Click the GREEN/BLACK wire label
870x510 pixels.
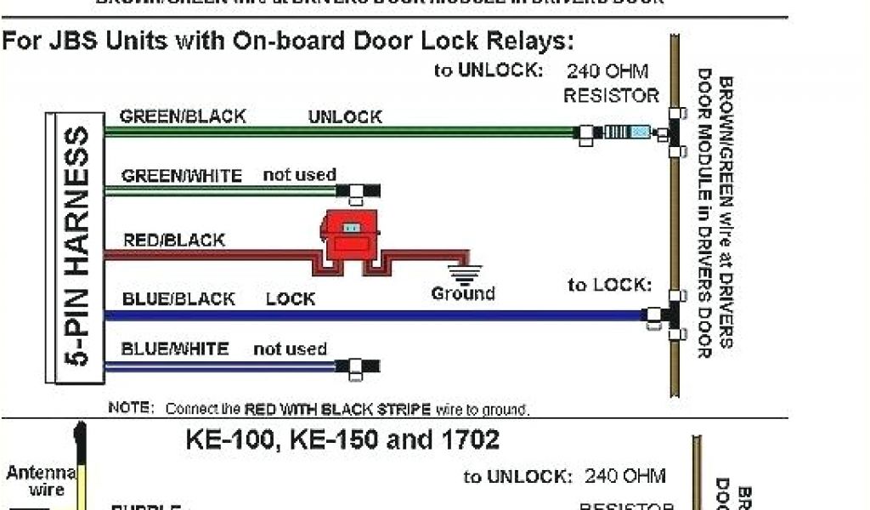click(x=183, y=116)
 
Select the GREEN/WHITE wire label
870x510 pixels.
click(x=181, y=176)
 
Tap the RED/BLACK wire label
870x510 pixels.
click(x=174, y=241)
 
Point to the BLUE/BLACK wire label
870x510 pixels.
click(x=178, y=299)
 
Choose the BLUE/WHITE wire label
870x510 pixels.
click(x=175, y=349)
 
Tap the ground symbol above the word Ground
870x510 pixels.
click(x=464, y=275)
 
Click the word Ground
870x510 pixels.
click(x=463, y=294)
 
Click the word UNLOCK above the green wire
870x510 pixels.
click(x=345, y=116)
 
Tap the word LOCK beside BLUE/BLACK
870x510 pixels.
click(x=291, y=299)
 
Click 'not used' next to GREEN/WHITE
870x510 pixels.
click(x=299, y=175)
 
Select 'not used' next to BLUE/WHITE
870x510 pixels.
click(x=290, y=349)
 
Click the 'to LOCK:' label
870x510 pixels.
click(x=609, y=285)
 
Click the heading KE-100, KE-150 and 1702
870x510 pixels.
click(x=342, y=439)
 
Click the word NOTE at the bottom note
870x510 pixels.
click(x=130, y=408)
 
